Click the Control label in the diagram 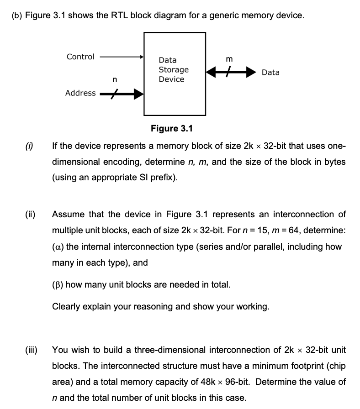(80, 57)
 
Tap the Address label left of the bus (80, 93)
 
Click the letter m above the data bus (229, 59)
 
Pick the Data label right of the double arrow (270, 72)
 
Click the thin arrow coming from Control (121, 57)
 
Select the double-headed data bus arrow (229, 72)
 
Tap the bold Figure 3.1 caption (172, 128)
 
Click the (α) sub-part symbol (59, 247)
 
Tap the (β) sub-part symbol (59, 285)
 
